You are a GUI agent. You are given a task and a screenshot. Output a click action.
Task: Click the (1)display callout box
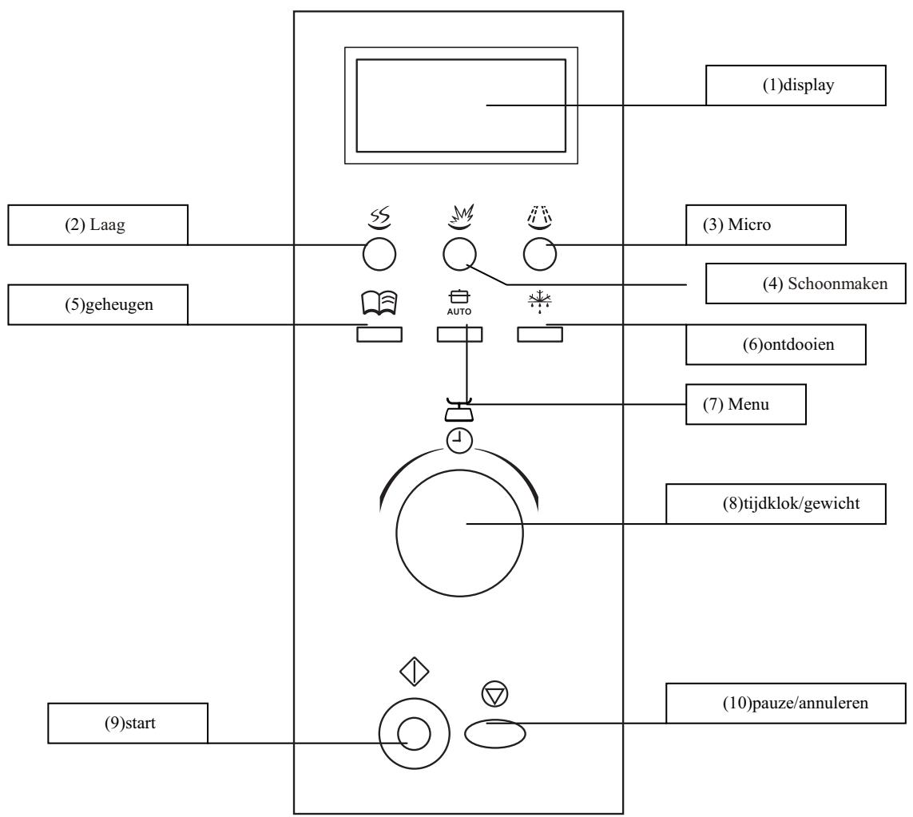pyautogui.click(x=796, y=86)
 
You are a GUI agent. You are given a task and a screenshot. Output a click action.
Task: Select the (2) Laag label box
pyautogui.click(x=97, y=224)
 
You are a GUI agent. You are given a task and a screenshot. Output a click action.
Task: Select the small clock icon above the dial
pyautogui.click(x=459, y=438)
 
